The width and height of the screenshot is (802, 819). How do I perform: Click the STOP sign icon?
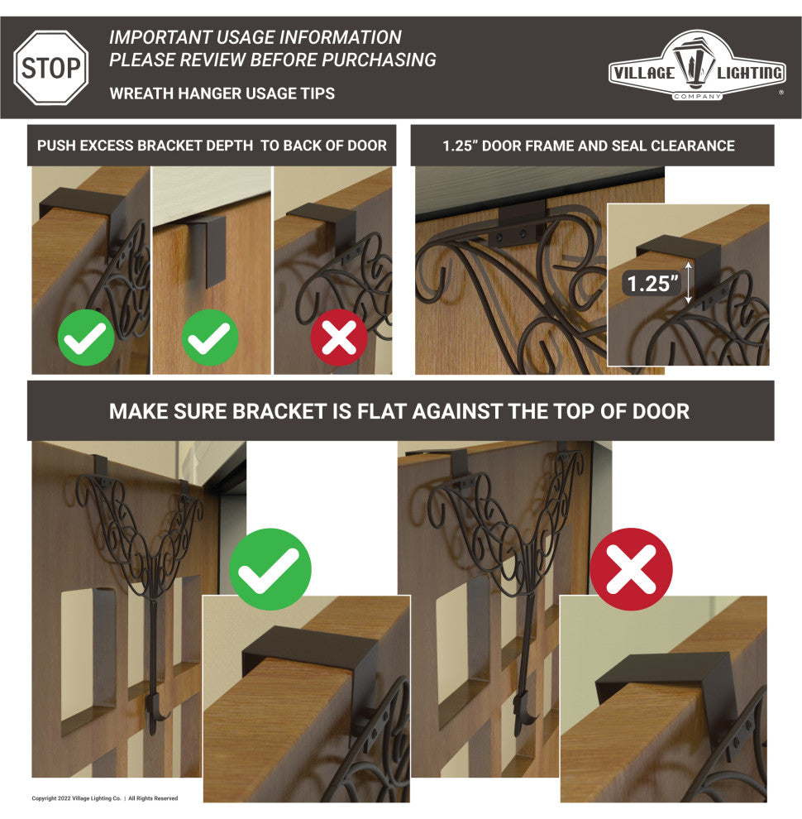pos(51,68)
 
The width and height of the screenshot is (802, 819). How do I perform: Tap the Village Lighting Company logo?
pos(696,65)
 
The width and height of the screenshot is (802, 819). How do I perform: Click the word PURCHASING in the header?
pos(379,60)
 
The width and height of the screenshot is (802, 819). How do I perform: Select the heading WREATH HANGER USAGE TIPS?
pos(222,93)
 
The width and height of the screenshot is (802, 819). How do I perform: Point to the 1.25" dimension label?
pos(652,284)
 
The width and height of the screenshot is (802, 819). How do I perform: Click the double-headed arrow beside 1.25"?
pos(689,283)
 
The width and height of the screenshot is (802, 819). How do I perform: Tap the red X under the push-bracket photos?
pos(339,338)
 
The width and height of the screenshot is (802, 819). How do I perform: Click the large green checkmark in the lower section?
pos(270,569)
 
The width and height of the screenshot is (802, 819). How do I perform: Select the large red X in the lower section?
pos(631,569)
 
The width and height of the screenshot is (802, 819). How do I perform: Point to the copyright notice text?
pos(104,798)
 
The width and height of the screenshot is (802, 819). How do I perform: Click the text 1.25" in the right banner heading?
pos(459,146)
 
